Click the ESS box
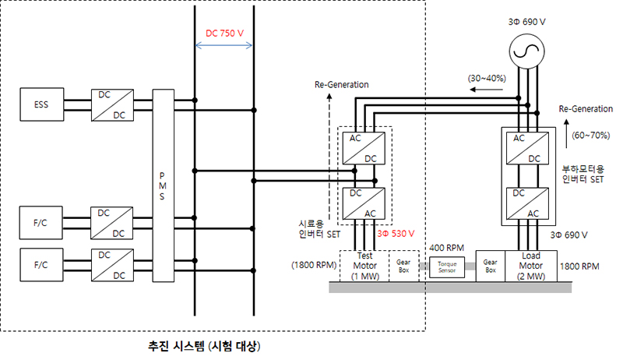click(41, 105)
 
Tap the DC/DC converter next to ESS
click(110, 105)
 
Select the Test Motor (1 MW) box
click(366, 266)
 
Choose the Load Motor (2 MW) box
click(531, 266)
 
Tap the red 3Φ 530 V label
click(396, 233)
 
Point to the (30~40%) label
click(488, 79)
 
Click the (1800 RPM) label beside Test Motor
click(315, 264)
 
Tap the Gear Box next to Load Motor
click(491, 266)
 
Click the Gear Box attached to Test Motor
click(403, 266)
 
